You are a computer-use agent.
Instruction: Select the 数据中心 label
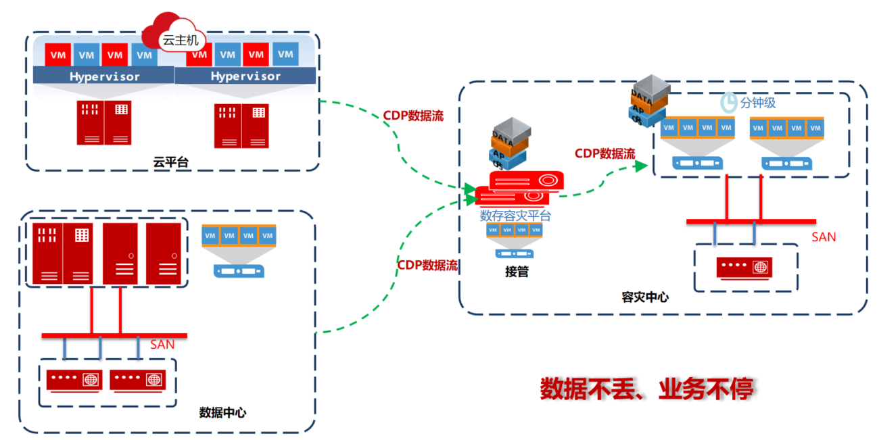point(222,412)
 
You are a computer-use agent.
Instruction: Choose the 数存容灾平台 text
point(515,216)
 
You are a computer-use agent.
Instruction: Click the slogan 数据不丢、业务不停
point(646,389)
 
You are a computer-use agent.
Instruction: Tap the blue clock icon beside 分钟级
point(728,102)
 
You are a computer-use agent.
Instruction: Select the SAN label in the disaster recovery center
point(824,237)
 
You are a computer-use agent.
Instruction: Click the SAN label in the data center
point(162,345)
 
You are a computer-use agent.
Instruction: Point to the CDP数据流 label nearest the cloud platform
point(414,116)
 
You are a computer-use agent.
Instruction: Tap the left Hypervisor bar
point(104,76)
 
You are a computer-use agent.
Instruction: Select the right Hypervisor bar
point(245,76)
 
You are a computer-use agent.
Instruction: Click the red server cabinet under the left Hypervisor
point(104,122)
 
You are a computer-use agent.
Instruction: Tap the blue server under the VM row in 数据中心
point(239,270)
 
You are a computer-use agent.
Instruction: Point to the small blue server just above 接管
point(514,254)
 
